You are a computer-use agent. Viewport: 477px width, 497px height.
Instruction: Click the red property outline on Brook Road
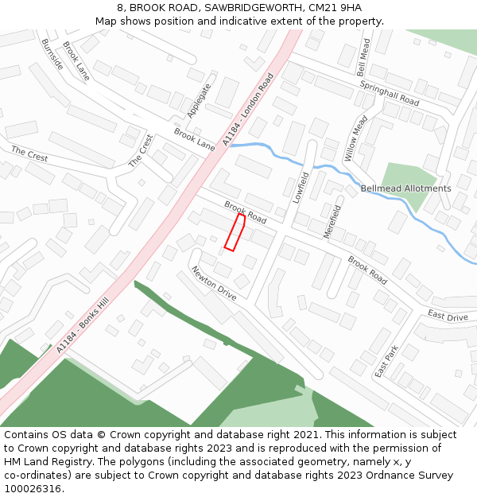(x=235, y=232)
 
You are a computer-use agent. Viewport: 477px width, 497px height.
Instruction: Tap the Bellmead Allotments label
(x=405, y=188)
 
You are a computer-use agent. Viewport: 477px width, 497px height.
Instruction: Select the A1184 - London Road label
(x=248, y=110)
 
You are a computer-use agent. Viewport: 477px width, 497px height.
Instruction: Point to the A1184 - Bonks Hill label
(x=82, y=326)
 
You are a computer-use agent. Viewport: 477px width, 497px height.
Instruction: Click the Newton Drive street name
(x=214, y=283)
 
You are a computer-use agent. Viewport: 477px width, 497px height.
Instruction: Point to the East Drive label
(x=448, y=316)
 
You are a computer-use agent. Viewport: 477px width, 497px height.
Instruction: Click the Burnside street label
(x=52, y=54)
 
